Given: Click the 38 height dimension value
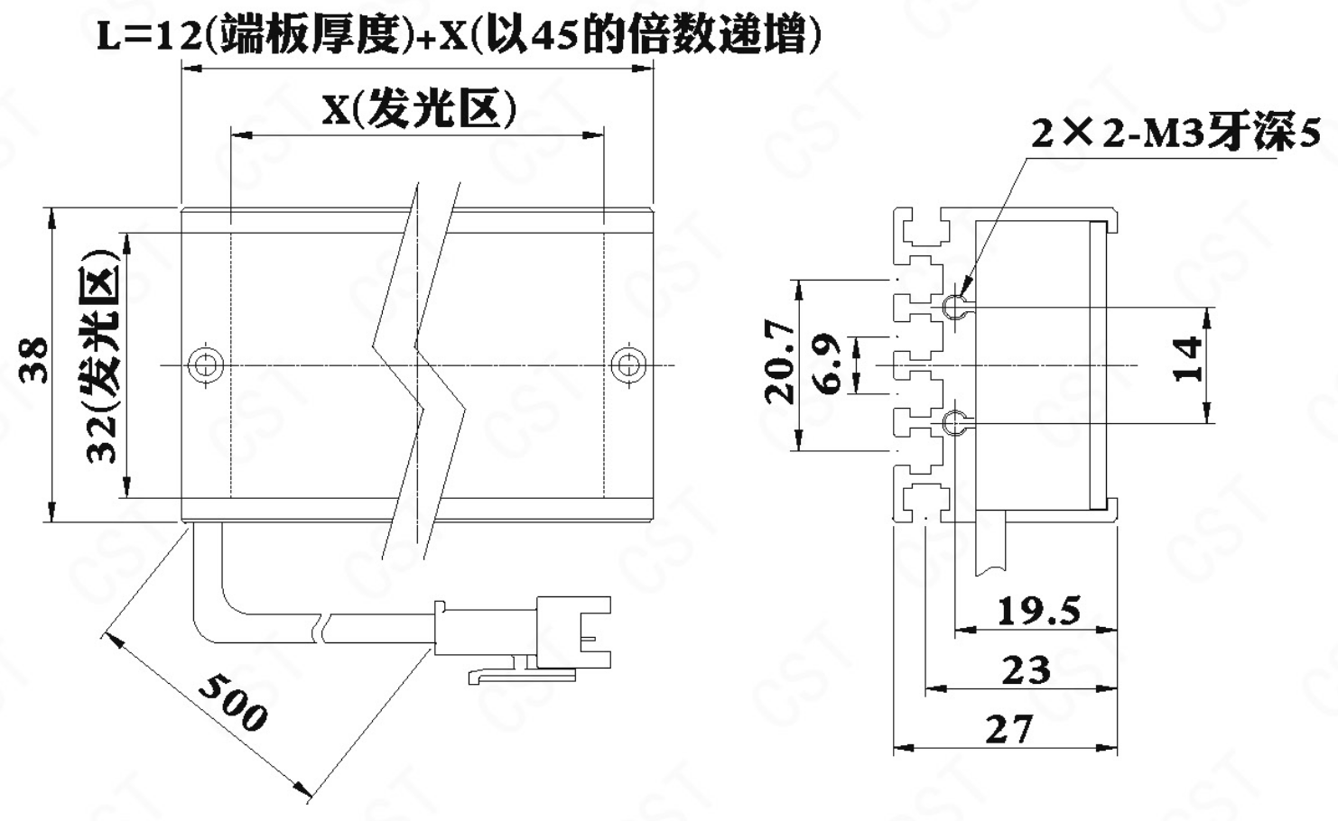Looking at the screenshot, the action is [x=34, y=360].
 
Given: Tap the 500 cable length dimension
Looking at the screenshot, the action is [x=233, y=703].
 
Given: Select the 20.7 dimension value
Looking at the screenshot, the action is [x=779, y=363].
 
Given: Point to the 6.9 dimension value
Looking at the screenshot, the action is [x=827, y=363].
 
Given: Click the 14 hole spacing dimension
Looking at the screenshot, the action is [x=1187, y=359].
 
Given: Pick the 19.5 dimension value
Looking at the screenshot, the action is [x=1039, y=611].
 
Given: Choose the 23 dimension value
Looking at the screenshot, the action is [x=1027, y=670].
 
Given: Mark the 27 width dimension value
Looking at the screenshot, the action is [x=1008, y=728].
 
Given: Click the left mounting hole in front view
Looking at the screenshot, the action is [x=206, y=364].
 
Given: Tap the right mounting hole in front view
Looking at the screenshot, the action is [x=628, y=364].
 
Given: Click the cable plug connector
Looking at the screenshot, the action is [x=523, y=638].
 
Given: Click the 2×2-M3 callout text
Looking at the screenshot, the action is [x=1176, y=134].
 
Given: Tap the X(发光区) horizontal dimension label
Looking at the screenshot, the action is [x=419, y=109].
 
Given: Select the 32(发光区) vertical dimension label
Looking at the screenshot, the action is [x=100, y=355].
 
